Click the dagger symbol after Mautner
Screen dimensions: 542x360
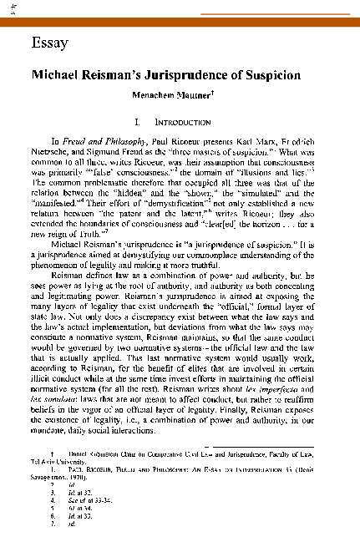click(213, 92)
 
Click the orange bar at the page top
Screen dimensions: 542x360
click(180, 22)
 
